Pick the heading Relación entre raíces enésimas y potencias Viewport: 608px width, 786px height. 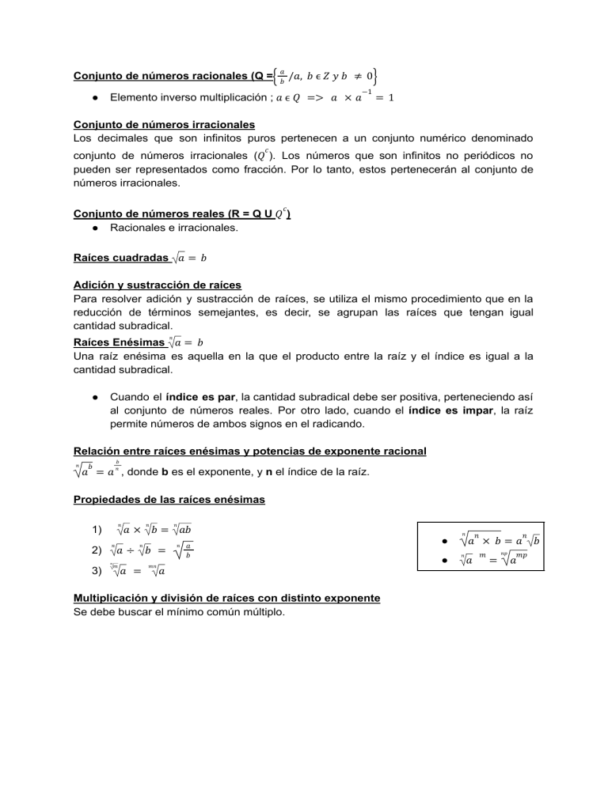point(249,452)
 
